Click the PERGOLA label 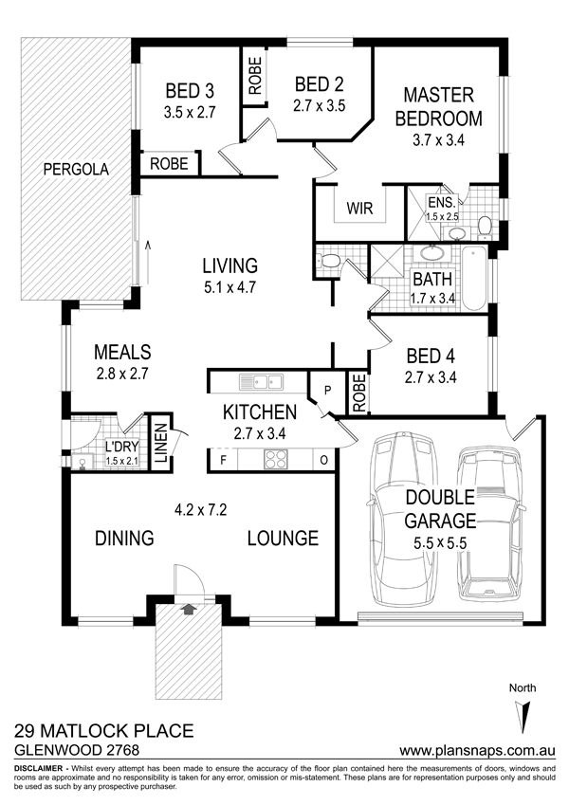(x=76, y=169)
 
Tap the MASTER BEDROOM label (x=438, y=107)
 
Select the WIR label (x=359, y=209)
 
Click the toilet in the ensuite (x=485, y=228)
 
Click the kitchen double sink (x=261, y=382)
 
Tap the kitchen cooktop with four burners (x=275, y=459)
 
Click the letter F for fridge (x=224, y=460)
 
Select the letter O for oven (x=323, y=460)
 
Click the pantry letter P (x=327, y=391)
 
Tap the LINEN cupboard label (x=161, y=442)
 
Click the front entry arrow (x=190, y=609)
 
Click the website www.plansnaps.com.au (x=477, y=750)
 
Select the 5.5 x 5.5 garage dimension (x=440, y=542)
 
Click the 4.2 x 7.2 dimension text (x=201, y=510)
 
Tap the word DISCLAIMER (x=39, y=769)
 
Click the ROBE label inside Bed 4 (x=359, y=393)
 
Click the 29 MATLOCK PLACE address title (x=104, y=730)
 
